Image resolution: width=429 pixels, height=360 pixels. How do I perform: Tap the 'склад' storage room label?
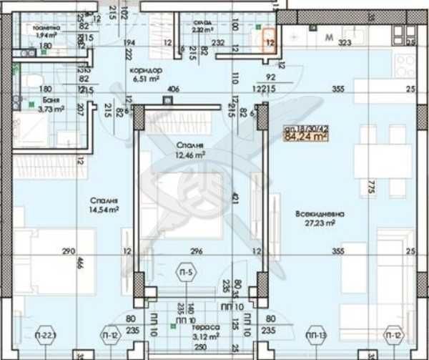pos(201,21)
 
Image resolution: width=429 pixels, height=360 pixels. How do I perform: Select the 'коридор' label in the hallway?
pos(146,70)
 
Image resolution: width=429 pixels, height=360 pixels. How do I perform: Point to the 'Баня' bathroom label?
pos(48,100)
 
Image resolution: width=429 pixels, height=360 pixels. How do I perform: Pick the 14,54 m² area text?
pos(104,209)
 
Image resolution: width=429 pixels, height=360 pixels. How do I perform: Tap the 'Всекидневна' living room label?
pos(320,213)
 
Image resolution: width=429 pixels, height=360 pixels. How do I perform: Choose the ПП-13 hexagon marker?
pos(316,334)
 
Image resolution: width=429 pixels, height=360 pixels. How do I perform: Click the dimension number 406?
pos(172,89)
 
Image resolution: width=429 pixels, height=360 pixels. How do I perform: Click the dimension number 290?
pos(69,251)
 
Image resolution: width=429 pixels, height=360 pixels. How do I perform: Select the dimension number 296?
pos(198,251)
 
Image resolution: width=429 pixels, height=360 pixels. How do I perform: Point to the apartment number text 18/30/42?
pos(310,124)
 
